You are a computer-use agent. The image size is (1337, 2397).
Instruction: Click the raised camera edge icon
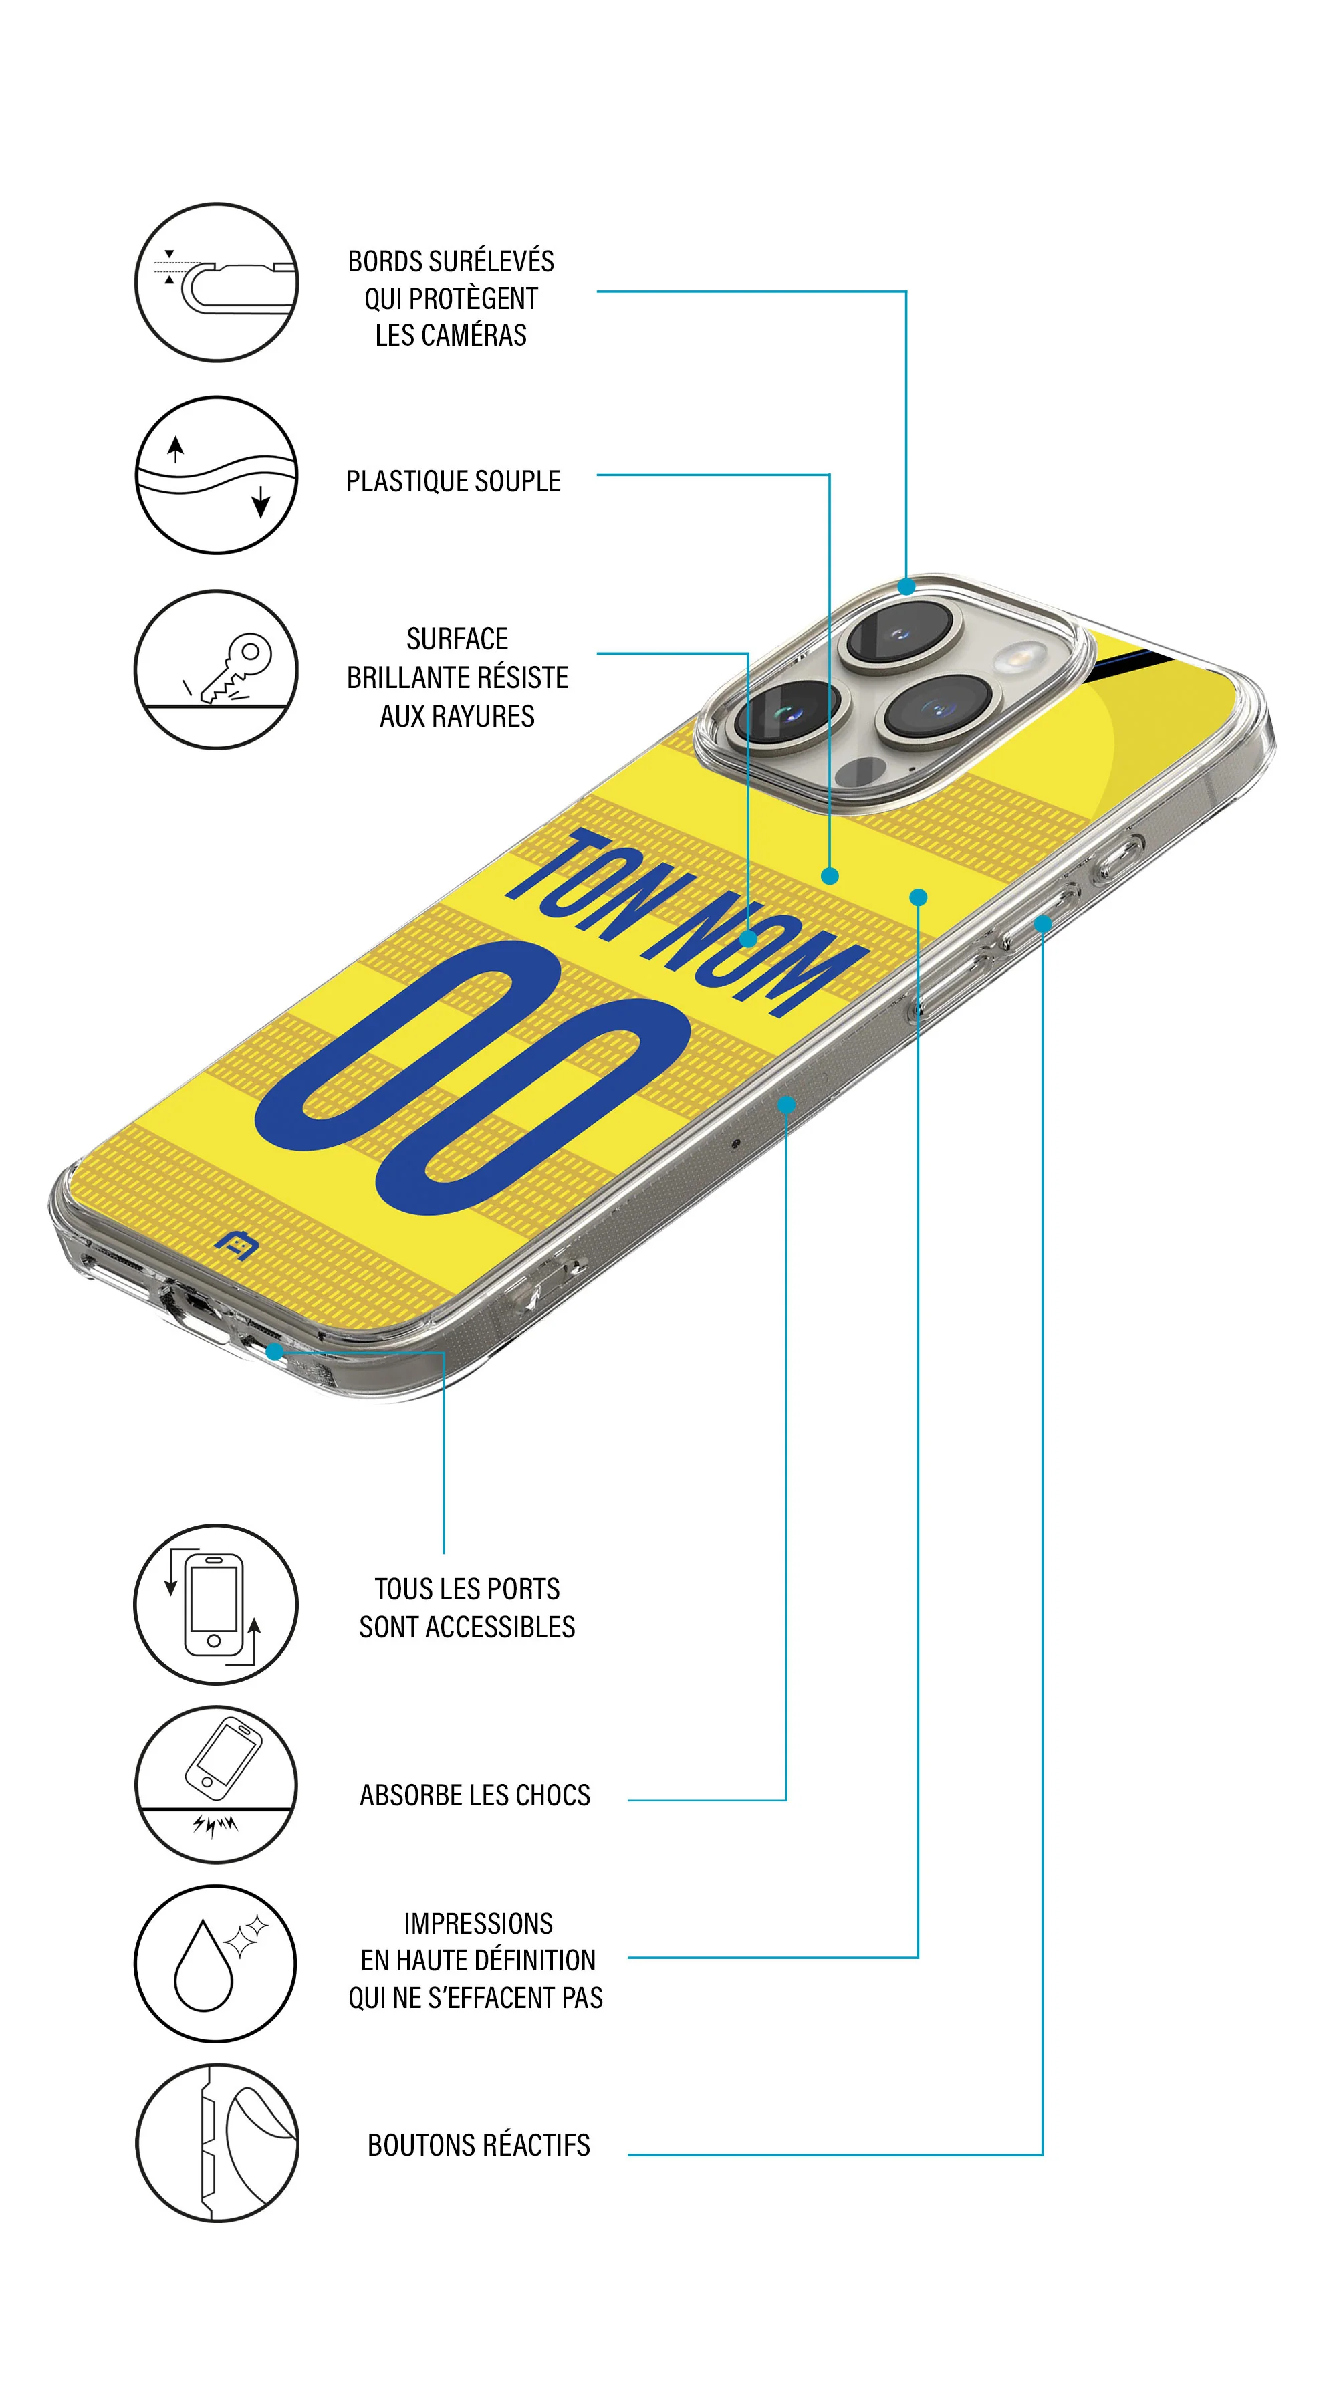[x=217, y=282]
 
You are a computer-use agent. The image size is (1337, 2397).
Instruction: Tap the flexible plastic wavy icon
[x=217, y=475]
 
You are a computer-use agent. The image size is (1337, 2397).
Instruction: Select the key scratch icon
[x=217, y=669]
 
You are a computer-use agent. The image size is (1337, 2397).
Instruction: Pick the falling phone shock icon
[x=217, y=1784]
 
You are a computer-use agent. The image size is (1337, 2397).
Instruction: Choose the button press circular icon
[x=217, y=2143]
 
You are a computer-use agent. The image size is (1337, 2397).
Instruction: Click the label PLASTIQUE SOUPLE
[x=453, y=481]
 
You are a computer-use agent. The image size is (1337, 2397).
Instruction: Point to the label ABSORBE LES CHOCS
[x=475, y=1795]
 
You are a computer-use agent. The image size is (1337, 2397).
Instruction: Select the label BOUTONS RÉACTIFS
[x=478, y=2145]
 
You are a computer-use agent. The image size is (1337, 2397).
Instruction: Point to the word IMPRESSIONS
[x=478, y=1924]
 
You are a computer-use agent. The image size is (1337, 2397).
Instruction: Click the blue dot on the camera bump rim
[x=905, y=587]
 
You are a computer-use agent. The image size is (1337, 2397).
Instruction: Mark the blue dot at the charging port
[x=275, y=1351]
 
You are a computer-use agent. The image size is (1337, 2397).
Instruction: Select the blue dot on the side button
[x=1042, y=924]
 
